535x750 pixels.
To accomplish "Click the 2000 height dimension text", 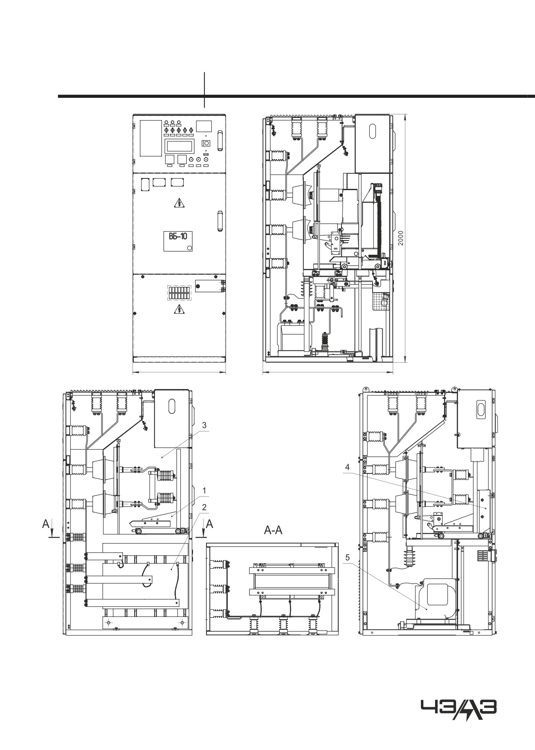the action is coord(401,239).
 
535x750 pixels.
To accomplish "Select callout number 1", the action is coord(204,490).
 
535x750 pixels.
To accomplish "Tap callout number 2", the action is coord(204,507).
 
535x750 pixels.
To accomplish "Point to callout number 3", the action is coord(204,425).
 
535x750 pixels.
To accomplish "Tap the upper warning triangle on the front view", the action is coord(179,204).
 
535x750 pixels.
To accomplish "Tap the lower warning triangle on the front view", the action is coord(179,310).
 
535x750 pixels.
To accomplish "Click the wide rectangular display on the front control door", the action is coord(180,146).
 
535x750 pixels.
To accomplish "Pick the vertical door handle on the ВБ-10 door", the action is coord(219,221).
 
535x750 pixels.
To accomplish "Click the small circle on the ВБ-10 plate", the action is coord(189,248).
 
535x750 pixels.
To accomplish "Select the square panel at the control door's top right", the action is coord(204,127).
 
